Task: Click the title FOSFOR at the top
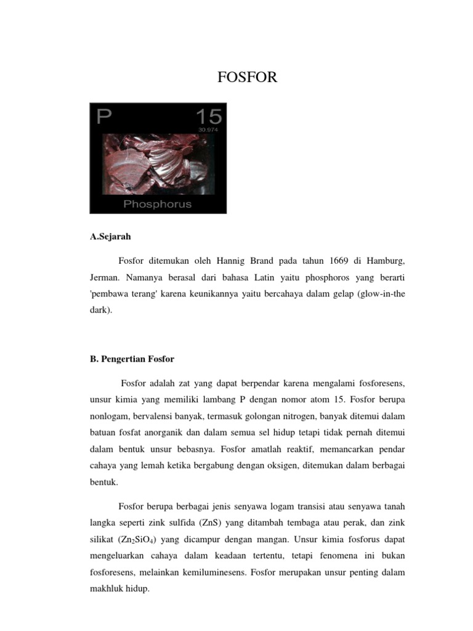(248, 77)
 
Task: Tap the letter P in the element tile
(104, 117)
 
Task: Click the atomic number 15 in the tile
(209, 116)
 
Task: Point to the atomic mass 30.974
(209, 129)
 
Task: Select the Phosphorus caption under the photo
(158, 204)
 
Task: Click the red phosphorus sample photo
(158, 163)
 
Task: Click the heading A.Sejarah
(111, 236)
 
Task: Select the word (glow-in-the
(376, 294)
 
